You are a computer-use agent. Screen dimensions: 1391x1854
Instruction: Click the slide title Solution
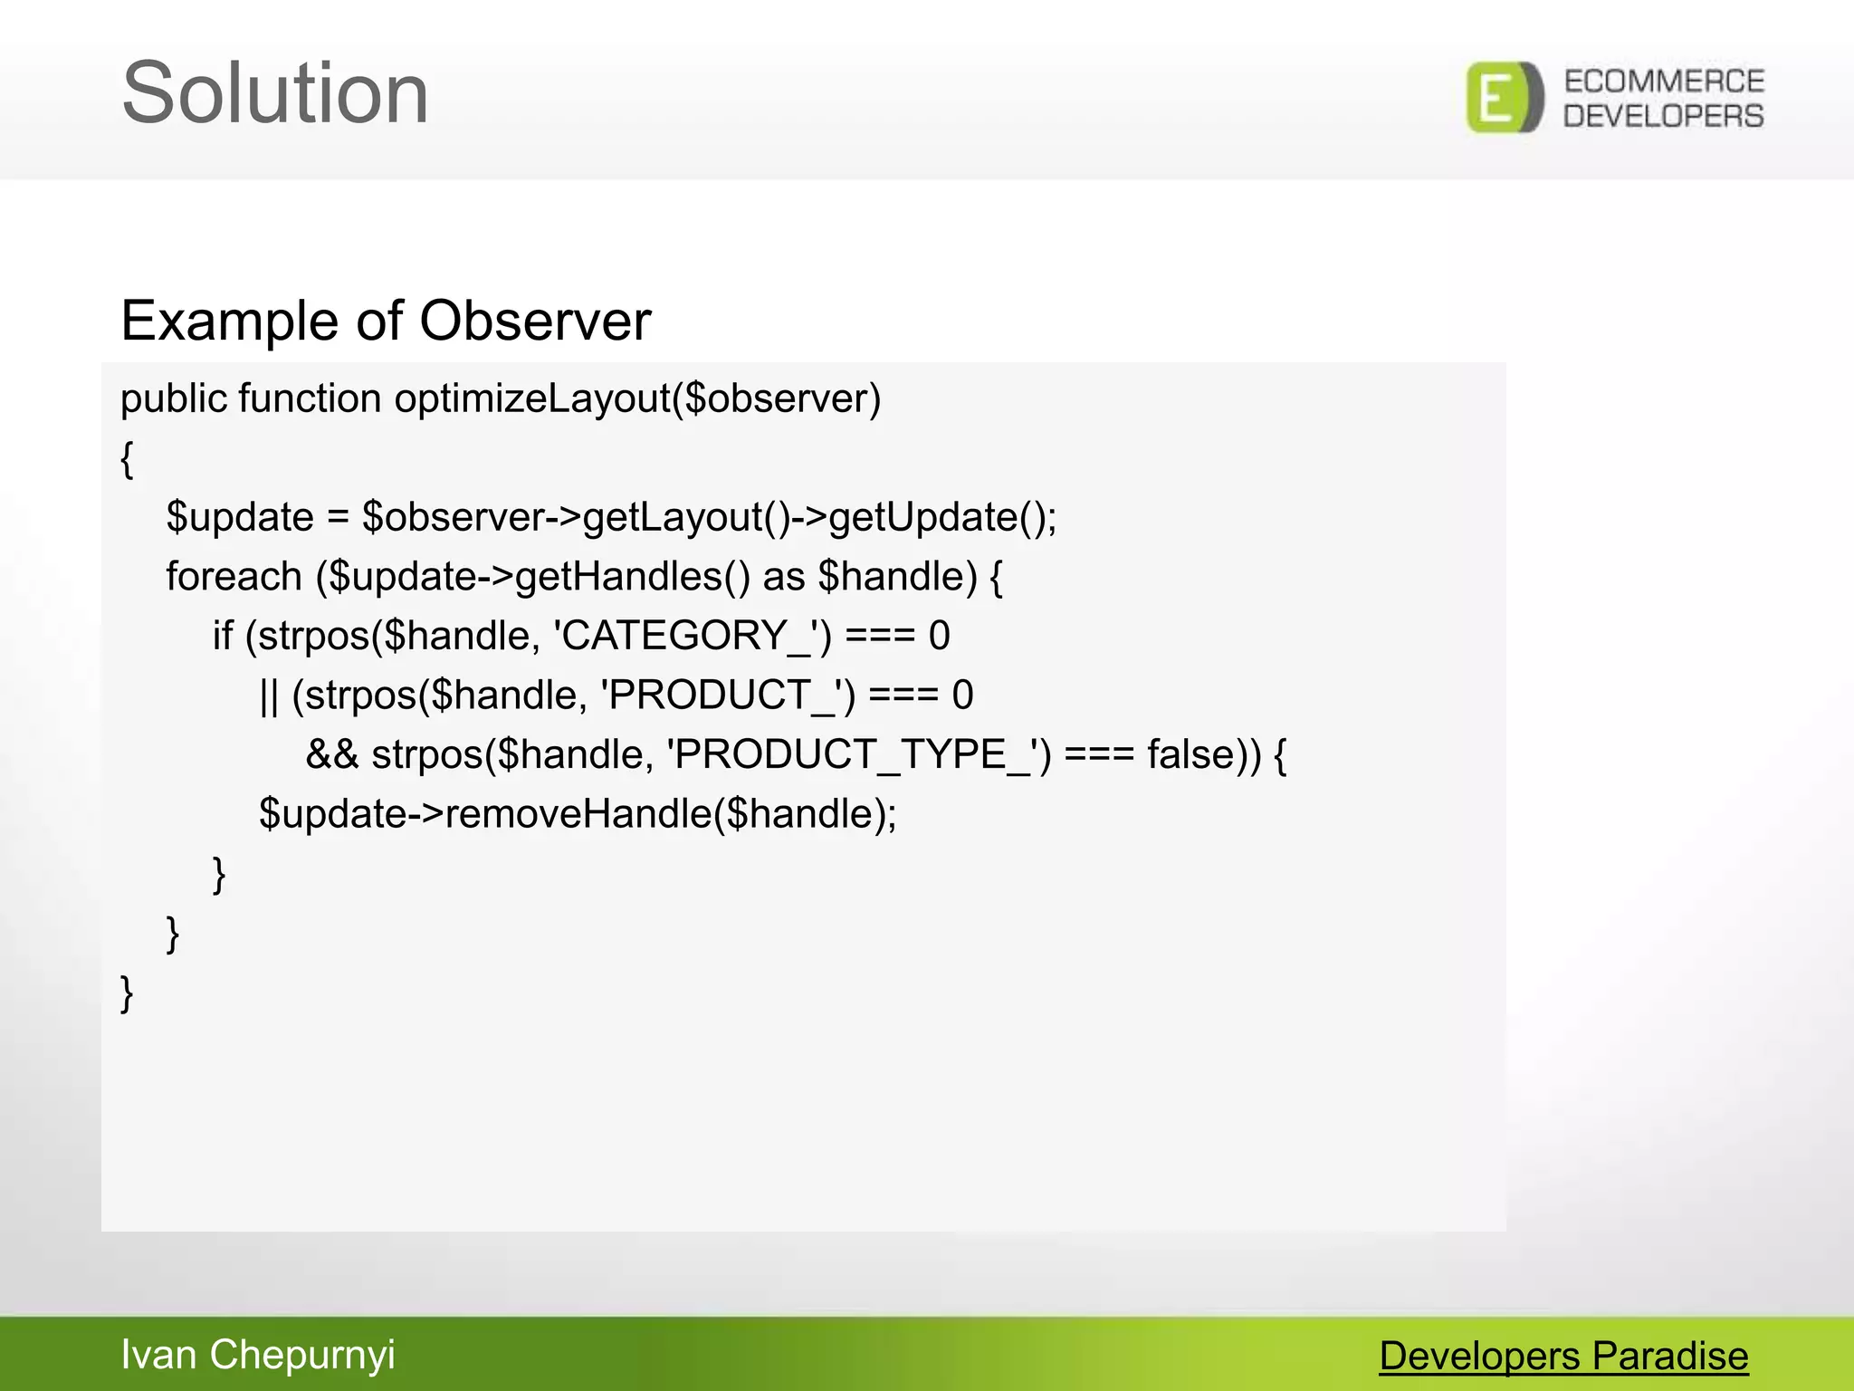click(275, 93)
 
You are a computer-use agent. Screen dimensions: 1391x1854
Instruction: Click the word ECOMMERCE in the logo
click(1664, 82)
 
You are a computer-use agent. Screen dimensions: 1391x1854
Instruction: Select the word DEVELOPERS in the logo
click(1664, 116)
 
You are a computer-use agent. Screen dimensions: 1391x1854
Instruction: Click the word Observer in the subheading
click(535, 321)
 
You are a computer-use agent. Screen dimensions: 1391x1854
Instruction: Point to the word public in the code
click(174, 399)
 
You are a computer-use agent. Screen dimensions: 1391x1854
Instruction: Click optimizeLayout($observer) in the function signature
click(637, 399)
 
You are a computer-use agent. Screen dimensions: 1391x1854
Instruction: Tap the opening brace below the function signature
click(128, 459)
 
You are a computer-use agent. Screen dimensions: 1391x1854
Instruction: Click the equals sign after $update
click(338, 518)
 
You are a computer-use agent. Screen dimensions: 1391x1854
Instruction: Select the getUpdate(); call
click(942, 518)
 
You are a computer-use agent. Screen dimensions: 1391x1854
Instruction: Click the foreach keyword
click(234, 577)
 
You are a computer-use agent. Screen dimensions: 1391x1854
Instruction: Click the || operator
click(269, 695)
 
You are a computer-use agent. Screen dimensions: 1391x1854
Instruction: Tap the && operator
click(331, 754)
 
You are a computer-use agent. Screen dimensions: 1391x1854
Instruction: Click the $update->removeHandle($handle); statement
click(578, 814)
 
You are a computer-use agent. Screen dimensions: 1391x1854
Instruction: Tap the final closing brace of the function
click(128, 993)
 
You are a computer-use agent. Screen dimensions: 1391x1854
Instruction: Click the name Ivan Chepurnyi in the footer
click(258, 1355)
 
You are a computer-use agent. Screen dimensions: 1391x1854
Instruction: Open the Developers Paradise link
click(1563, 1357)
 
